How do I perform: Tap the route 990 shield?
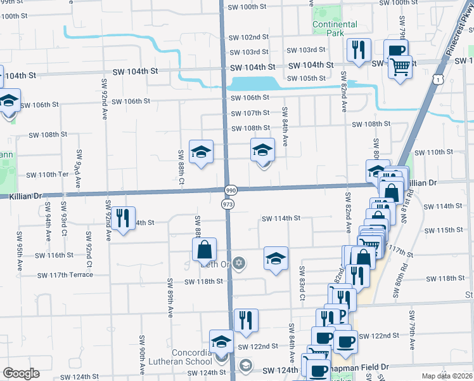pyautogui.click(x=230, y=190)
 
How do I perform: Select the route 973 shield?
pyautogui.click(x=227, y=204)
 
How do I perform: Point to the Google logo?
pyautogui.click(x=22, y=373)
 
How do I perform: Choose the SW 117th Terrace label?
pyautogui.click(x=65, y=275)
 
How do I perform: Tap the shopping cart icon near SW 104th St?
pyautogui.click(x=400, y=66)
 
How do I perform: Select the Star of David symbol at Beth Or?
pyautogui.click(x=239, y=262)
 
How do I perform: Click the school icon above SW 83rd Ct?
pyautogui.click(x=276, y=258)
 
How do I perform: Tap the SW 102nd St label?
pyautogui.click(x=250, y=37)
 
